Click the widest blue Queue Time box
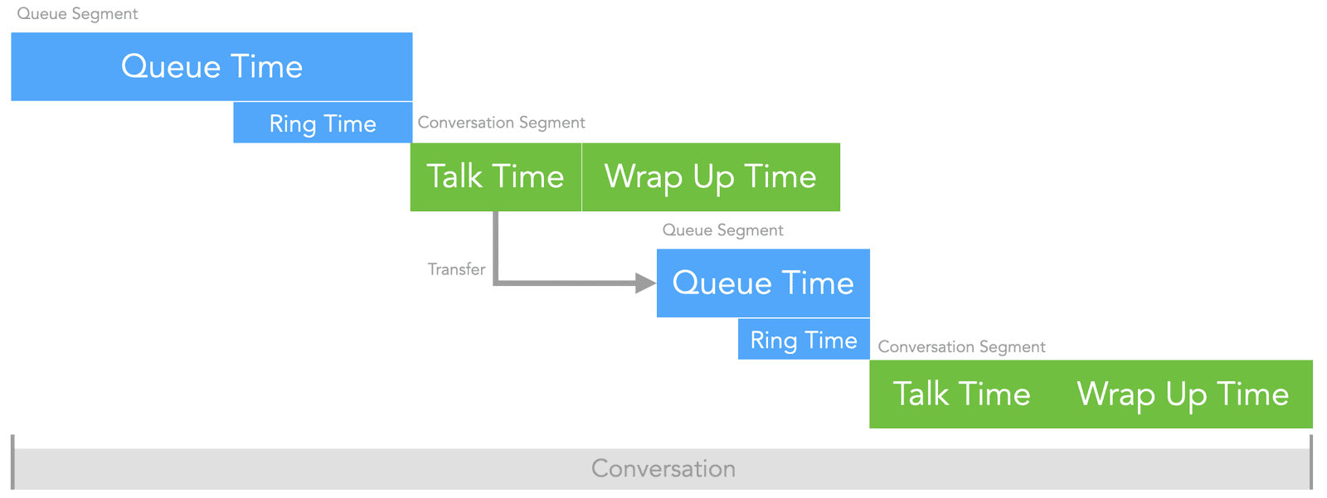pyautogui.click(x=211, y=66)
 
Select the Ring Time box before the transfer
pyautogui.click(x=323, y=123)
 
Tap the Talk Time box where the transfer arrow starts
pyautogui.click(x=495, y=176)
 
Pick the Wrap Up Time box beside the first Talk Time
pyautogui.click(x=711, y=176)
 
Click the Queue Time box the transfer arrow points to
pyautogui.click(x=763, y=283)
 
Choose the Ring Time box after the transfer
pyautogui.click(x=804, y=340)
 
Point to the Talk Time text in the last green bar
pyautogui.click(x=961, y=394)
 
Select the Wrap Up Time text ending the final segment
pyautogui.click(x=1183, y=394)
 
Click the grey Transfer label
pyautogui.click(x=456, y=269)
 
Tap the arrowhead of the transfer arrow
pyautogui.click(x=646, y=283)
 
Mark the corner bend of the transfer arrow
pyautogui.click(x=496, y=283)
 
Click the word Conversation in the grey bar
pyautogui.click(x=663, y=469)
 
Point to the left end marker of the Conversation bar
pyautogui.click(x=12, y=462)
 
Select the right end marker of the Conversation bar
pyautogui.click(x=1311, y=462)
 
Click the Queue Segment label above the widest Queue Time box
pyautogui.click(x=77, y=14)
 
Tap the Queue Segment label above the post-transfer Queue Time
pyautogui.click(x=722, y=230)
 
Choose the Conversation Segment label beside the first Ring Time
pyautogui.click(x=501, y=123)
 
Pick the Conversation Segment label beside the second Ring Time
pyautogui.click(x=961, y=347)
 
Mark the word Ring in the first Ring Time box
pyautogui.click(x=293, y=124)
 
